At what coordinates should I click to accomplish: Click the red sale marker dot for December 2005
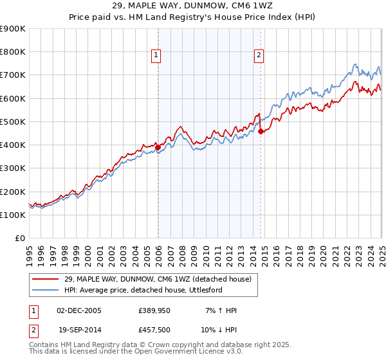point(158,147)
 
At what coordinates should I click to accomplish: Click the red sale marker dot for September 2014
point(261,131)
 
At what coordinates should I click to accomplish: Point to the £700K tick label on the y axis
point(13,75)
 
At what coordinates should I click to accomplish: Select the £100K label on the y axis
point(13,215)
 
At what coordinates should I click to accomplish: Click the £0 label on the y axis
point(19,238)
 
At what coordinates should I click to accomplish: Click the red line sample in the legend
point(46,278)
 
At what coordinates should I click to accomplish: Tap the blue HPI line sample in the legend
point(46,290)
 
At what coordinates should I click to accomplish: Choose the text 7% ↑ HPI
point(219,310)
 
